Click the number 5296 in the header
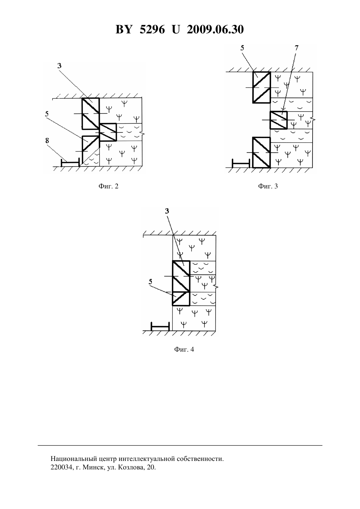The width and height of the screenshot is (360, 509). coord(152,29)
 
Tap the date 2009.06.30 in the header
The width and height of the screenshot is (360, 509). coord(215,29)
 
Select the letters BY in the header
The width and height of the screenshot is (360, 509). coord(124,29)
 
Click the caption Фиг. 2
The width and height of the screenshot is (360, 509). coord(108,186)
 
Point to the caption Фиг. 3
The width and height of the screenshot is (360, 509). coord(268,186)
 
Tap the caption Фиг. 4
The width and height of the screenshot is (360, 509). coord(184,349)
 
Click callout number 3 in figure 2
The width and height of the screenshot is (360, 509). coord(59,66)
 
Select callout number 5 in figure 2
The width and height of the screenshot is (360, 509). coord(47,114)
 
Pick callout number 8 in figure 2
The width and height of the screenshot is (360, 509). coord(47,141)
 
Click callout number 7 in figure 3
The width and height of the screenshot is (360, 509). coord(297,48)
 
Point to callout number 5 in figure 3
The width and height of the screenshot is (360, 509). coord(242,48)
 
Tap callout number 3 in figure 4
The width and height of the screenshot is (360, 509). coord(167,211)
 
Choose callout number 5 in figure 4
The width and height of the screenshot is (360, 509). coord(151,282)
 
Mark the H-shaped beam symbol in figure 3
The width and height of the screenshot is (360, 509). coord(241,163)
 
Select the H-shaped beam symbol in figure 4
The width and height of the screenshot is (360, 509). coord(160,326)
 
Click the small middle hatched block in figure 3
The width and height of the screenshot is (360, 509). coord(279,120)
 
